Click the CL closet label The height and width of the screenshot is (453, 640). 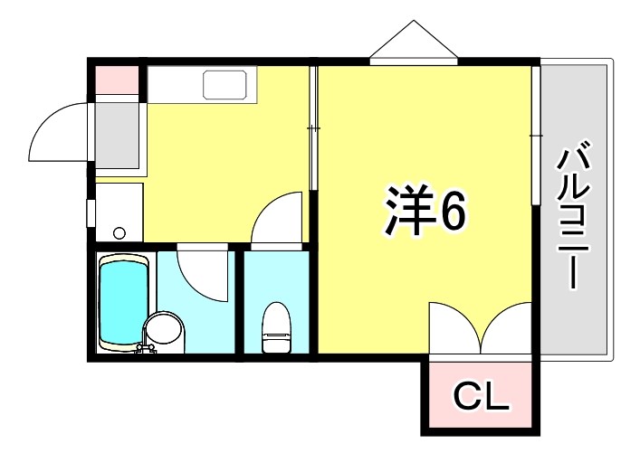click(481, 395)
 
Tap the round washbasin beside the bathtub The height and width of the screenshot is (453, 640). click(163, 329)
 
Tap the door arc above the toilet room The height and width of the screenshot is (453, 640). click(275, 220)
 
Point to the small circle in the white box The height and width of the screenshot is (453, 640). click(119, 232)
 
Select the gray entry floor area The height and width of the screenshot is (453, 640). click(118, 135)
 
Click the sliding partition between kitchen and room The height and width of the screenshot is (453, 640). click(313, 127)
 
